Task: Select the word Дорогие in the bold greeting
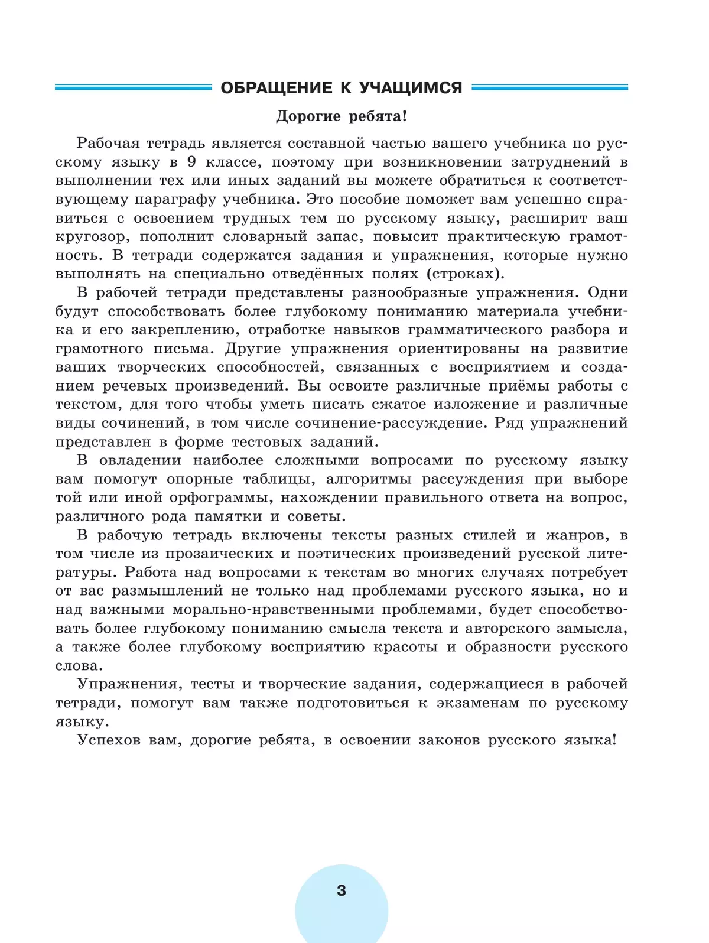tap(308, 116)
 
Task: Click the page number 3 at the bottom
tap(342, 890)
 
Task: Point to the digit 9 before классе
tap(191, 162)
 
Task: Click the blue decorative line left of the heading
tap(133, 88)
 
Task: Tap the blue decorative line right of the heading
tap(549, 88)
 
